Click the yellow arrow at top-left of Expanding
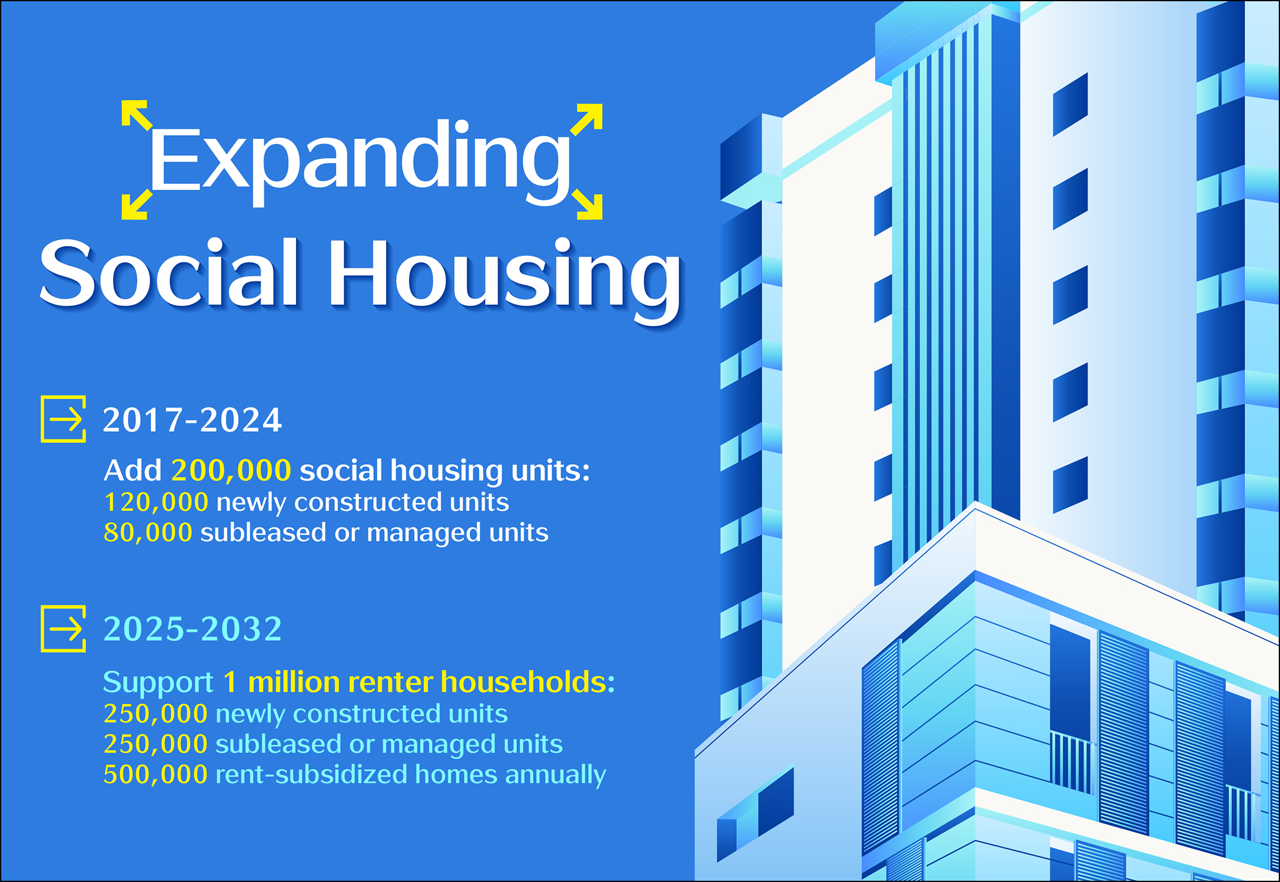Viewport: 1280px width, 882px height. (136, 115)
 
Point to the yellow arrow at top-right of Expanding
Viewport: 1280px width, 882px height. (586, 118)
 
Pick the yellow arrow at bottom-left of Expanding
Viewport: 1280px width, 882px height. (136, 204)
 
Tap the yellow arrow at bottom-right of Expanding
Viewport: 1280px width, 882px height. (587, 204)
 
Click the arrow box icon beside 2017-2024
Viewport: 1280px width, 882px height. (63, 419)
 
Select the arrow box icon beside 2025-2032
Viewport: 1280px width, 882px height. (63, 629)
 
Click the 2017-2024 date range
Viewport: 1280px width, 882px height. (192, 420)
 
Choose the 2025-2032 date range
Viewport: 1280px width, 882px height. (192, 629)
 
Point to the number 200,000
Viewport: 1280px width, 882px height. (231, 471)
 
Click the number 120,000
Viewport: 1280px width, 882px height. (156, 503)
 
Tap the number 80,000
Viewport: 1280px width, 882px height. (148, 532)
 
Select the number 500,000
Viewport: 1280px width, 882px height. (156, 775)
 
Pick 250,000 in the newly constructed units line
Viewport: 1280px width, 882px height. (156, 714)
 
